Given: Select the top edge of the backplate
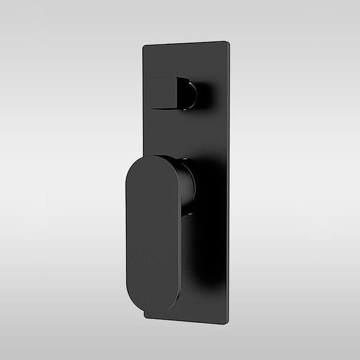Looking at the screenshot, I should [187, 44].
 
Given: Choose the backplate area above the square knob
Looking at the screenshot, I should [186, 63].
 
